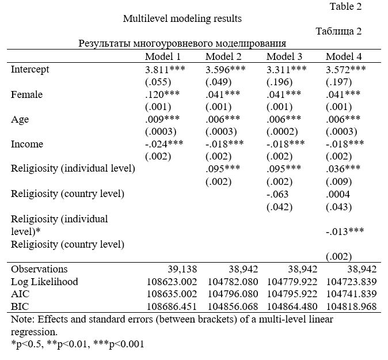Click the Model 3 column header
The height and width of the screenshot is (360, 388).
click(x=284, y=56)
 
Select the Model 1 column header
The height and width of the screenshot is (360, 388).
click(x=162, y=56)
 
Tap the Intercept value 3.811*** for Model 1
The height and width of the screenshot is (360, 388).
click(x=165, y=70)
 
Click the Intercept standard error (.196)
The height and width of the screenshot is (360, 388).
click(x=279, y=82)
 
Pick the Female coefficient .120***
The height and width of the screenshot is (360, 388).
click(x=162, y=94)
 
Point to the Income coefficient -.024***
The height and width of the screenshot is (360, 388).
click(x=164, y=144)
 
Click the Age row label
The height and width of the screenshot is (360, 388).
click(x=20, y=120)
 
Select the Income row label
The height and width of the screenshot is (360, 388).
click(x=27, y=144)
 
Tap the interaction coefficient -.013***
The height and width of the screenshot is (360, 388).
click(x=345, y=232)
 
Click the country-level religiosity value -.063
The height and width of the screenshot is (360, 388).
click(x=277, y=194)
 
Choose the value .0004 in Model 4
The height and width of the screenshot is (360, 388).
click(x=338, y=194)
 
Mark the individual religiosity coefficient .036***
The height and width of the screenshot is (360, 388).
click(x=343, y=169)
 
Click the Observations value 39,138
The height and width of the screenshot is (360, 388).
click(x=182, y=269)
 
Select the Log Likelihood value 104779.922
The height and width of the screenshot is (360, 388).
click(x=292, y=282)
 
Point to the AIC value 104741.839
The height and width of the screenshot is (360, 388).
click(x=351, y=294)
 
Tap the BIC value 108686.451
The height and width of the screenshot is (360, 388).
click(x=172, y=306)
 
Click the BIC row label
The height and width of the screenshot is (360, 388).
click(x=20, y=306)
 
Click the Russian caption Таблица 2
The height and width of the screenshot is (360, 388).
click(x=338, y=32)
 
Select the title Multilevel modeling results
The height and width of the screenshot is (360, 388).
click(x=182, y=18)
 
